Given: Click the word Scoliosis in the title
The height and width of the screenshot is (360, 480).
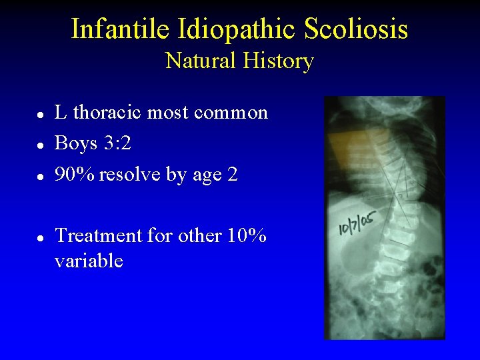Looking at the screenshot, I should click(355, 29).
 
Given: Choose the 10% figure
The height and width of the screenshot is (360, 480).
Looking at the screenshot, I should click(248, 235).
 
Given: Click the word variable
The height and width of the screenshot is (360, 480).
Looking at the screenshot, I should click(89, 261).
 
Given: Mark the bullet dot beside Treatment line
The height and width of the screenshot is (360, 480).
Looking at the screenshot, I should click(41, 237).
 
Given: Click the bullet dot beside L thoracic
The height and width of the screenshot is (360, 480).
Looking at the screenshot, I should click(41, 114).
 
